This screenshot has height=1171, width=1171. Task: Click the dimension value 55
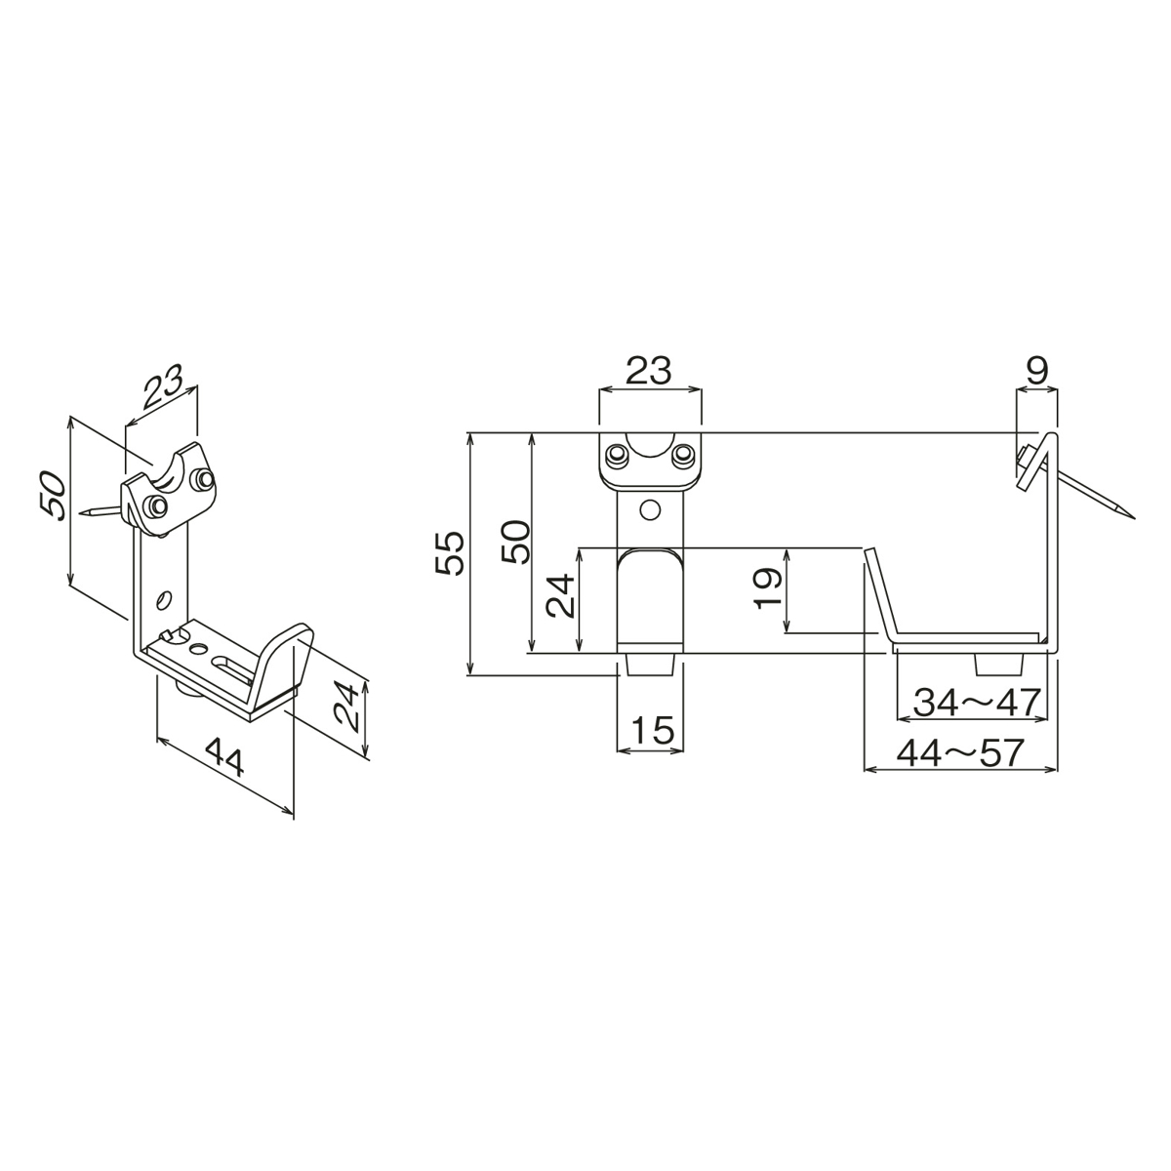pyautogui.click(x=450, y=553)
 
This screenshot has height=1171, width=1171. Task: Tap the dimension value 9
pyautogui.click(x=1037, y=371)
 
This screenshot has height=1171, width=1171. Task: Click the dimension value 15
pyautogui.click(x=653, y=730)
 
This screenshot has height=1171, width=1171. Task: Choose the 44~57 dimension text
pyautogui.click(x=960, y=752)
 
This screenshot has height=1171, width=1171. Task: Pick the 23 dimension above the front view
pyautogui.click(x=649, y=371)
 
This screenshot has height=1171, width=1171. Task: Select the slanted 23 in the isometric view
pyautogui.click(x=163, y=389)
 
